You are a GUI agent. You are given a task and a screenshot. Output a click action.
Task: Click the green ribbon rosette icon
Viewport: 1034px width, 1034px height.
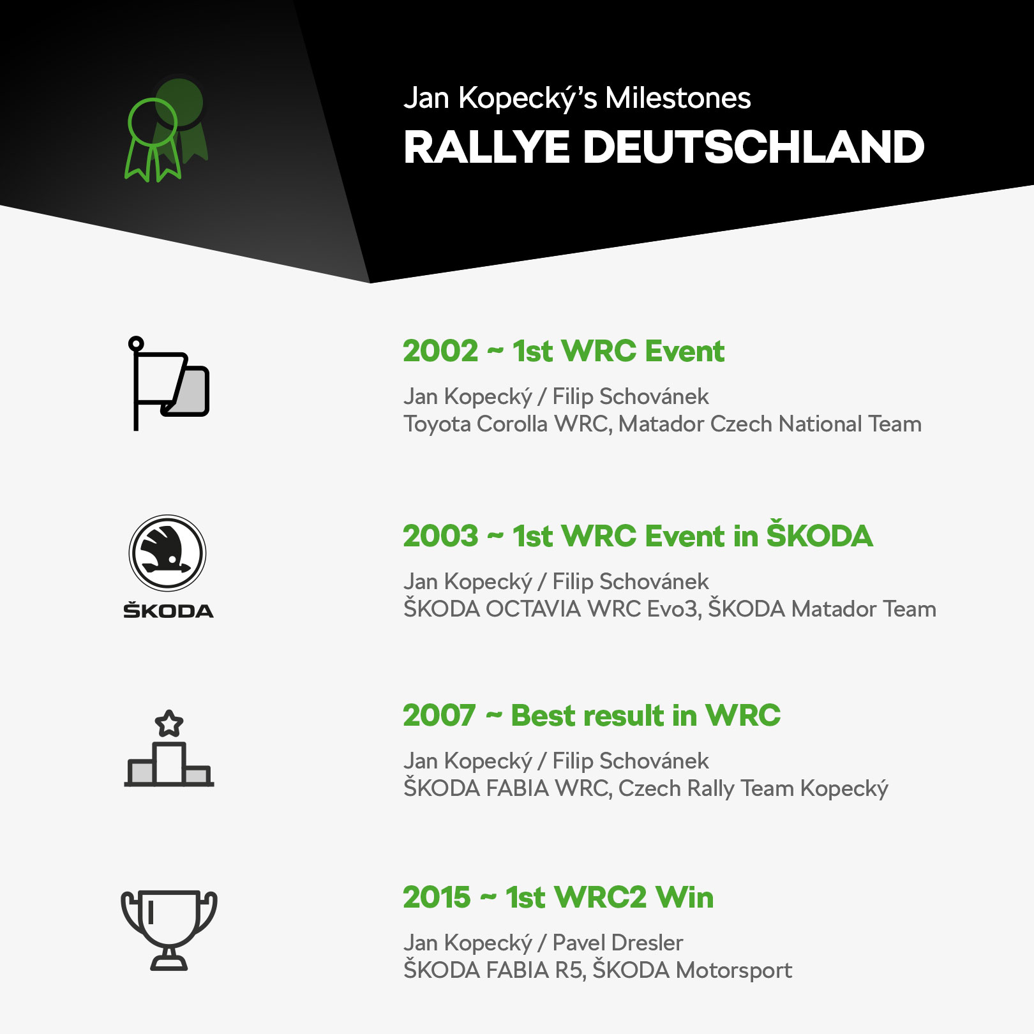(166, 130)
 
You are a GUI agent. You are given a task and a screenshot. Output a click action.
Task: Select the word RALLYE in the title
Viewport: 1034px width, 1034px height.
(486, 147)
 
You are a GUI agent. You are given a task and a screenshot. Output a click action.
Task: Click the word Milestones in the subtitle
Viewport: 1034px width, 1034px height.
(678, 98)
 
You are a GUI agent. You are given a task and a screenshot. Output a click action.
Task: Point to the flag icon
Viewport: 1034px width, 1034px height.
(169, 383)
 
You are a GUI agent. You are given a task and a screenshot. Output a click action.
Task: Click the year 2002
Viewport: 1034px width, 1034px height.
(440, 351)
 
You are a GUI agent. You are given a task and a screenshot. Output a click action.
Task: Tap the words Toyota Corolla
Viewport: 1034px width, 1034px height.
(476, 424)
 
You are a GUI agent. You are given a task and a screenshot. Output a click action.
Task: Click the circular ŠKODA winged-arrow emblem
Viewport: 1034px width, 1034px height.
(168, 553)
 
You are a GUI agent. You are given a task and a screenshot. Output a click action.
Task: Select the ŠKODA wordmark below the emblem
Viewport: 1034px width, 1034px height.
(169, 610)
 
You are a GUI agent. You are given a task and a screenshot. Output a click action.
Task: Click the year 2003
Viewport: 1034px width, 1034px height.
(440, 536)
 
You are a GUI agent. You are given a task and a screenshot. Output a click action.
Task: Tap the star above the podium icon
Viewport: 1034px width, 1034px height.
(169, 723)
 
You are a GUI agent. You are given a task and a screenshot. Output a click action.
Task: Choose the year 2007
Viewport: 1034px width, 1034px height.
(439, 716)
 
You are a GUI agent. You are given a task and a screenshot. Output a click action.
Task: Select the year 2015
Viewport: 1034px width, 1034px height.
(437, 897)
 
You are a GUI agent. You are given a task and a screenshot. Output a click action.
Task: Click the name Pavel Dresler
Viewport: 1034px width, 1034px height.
(617, 943)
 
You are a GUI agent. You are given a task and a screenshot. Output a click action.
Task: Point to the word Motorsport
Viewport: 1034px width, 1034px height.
(734, 971)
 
